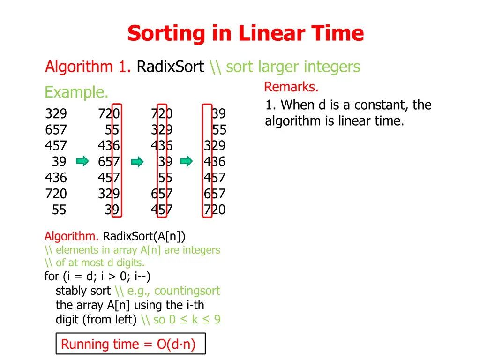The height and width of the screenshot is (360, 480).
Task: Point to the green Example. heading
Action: point(76,92)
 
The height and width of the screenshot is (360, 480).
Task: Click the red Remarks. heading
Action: point(292,87)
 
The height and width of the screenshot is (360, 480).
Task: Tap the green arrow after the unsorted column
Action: point(82,162)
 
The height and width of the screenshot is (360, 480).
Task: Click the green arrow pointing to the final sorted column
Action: point(187,162)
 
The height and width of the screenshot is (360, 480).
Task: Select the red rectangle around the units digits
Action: point(117,160)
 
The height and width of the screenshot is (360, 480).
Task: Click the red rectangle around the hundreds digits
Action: point(208,160)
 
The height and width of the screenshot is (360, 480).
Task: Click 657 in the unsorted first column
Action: point(56,130)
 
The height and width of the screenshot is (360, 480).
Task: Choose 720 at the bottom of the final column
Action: point(214,210)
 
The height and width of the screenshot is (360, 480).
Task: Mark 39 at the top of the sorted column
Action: point(218,114)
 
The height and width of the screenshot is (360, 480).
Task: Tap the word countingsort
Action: point(187,291)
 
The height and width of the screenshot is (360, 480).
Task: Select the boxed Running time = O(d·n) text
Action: point(128,345)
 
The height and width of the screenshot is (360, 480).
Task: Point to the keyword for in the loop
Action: point(51,277)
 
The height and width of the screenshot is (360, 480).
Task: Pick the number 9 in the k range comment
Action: point(217,320)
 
